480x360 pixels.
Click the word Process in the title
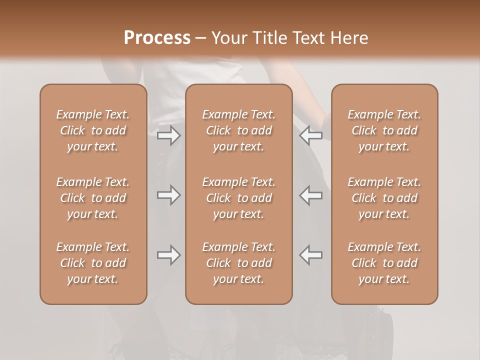pyautogui.click(x=157, y=38)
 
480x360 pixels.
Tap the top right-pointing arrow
pyautogui.click(x=169, y=135)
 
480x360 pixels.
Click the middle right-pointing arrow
pyautogui.click(x=169, y=195)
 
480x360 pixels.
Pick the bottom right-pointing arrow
pyautogui.click(x=169, y=255)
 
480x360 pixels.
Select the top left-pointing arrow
pyautogui.click(x=310, y=135)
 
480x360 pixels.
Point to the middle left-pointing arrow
pyautogui.click(x=310, y=195)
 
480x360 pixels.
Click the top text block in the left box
pyautogui.click(x=93, y=130)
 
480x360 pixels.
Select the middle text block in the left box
pyautogui.click(x=93, y=198)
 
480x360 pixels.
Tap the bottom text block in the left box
pyautogui.click(x=93, y=263)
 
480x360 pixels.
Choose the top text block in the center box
pyautogui.click(x=239, y=130)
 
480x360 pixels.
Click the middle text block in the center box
pyautogui.click(x=239, y=198)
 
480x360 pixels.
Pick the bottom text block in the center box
pyautogui.click(x=239, y=263)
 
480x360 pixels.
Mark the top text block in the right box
pyautogui.click(x=384, y=130)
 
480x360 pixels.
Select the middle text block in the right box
pyautogui.click(x=384, y=198)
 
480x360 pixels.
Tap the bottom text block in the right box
pyautogui.click(x=384, y=263)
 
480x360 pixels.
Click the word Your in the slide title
pyautogui.click(x=229, y=38)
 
